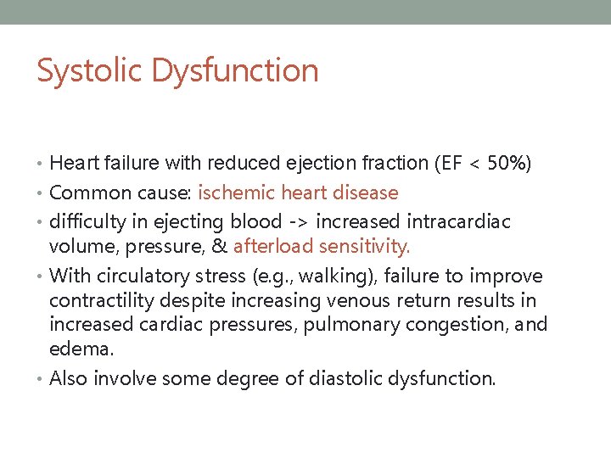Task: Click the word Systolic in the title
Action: (x=90, y=70)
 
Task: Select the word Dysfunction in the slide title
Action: (x=235, y=70)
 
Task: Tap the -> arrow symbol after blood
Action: (x=300, y=222)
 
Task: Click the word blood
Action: (x=256, y=222)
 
